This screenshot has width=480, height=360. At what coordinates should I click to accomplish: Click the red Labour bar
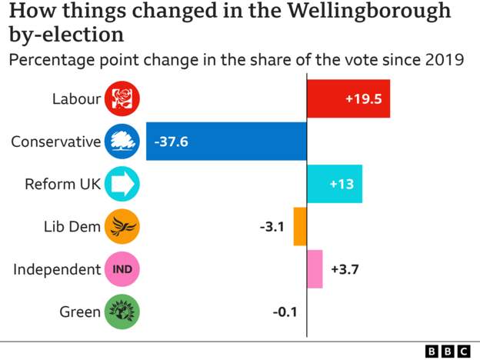348,98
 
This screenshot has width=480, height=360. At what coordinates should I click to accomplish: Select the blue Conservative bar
226,141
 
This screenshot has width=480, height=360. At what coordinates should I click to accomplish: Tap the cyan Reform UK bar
334,184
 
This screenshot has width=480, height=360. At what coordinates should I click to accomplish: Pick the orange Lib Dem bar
300,226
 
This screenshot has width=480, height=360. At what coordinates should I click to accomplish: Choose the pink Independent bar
315,269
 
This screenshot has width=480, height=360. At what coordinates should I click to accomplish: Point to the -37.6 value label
172,141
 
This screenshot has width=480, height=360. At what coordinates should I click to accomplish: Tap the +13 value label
342,184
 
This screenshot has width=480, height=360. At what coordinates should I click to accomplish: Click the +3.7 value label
345,269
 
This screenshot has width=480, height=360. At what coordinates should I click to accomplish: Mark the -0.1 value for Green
285,312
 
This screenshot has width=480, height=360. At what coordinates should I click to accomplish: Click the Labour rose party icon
122,98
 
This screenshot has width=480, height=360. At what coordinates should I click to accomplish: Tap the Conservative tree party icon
122,141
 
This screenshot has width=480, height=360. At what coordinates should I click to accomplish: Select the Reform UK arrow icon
122,184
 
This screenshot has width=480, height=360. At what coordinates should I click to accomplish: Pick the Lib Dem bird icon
122,226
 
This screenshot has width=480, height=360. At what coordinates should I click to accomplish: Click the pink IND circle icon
122,269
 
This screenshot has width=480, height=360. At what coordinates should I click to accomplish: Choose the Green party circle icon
122,312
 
